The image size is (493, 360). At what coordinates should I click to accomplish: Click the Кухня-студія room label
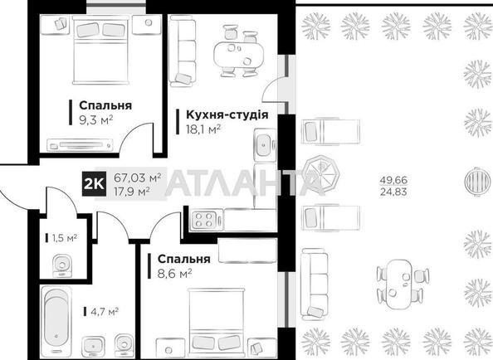pos(227,115)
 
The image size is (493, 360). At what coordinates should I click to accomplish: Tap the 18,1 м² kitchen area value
pos(203,129)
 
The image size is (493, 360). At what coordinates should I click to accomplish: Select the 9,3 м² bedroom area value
pos(96,119)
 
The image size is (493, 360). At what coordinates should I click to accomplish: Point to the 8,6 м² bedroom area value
pos(174,274)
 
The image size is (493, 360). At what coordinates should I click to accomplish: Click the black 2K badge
pos(94,184)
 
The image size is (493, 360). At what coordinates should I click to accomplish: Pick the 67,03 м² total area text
pos(138,178)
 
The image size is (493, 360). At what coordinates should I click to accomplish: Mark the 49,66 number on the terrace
pos(393,180)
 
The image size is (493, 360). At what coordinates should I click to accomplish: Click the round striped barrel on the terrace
pos(477,182)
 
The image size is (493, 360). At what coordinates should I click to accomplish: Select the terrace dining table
pos(399,285)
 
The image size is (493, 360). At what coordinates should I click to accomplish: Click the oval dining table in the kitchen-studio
pos(239,56)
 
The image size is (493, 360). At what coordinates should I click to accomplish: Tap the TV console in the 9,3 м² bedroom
pos(80,145)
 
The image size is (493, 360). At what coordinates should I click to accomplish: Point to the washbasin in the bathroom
pos(93,347)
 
